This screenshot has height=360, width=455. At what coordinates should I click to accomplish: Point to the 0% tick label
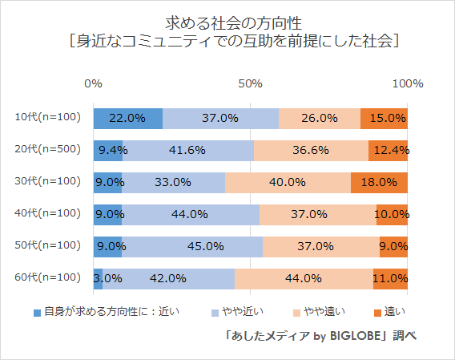(94, 83)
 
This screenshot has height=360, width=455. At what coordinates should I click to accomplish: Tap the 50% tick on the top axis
(251, 83)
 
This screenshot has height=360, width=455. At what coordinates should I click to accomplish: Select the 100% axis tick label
(408, 83)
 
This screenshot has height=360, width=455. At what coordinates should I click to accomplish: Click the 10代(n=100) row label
(48, 118)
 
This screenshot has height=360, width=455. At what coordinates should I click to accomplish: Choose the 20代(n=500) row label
(48, 150)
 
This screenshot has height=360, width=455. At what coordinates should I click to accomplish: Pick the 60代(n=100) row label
(48, 278)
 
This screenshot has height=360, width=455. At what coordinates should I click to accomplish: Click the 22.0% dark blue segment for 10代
(128, 118)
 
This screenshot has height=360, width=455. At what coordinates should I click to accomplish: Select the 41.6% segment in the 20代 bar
(188, 150)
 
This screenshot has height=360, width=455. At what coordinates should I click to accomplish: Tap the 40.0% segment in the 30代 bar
(288, 182)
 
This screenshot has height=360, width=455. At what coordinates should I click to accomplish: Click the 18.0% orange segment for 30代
(380, 182)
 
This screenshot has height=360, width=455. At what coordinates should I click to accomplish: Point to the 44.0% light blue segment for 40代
(191, 214)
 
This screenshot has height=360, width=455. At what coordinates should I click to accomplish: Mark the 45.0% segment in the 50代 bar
(192, 246)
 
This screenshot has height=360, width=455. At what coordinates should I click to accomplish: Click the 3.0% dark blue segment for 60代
(98, 278)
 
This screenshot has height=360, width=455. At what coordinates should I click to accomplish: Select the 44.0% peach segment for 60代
(304, 278)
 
